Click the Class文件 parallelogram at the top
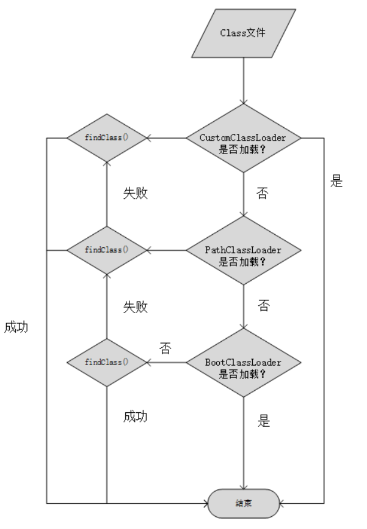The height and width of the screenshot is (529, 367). pyautogui.click(x=244, y=32)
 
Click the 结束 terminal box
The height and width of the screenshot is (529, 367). pyautogui.click(x=244, y=504)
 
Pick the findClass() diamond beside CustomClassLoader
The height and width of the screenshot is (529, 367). pyautogui.click(x=107, y=137)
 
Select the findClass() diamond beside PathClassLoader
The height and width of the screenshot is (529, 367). pyautogui.click(x=107, y=250)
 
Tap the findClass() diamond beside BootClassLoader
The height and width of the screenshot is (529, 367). pyautogui.click(x=107, y=362)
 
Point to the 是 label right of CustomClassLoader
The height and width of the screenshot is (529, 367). pyautogui.click(x=336, y=182)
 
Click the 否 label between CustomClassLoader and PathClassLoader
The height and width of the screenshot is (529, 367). pyautogui.click(x=262, y=194)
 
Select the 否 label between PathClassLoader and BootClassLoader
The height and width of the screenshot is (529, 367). pyautogui.click(x=263, y=306)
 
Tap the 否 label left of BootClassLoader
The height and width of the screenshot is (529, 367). pyautogui.click(x=165, y=349)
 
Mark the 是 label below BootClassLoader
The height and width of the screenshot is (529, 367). pyautogui.click(x=263, y=421)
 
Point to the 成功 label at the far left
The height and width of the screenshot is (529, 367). pyautogui.click(x=16, y=327)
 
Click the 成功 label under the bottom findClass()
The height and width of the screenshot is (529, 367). pyautogui.click(x=136, y=417)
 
